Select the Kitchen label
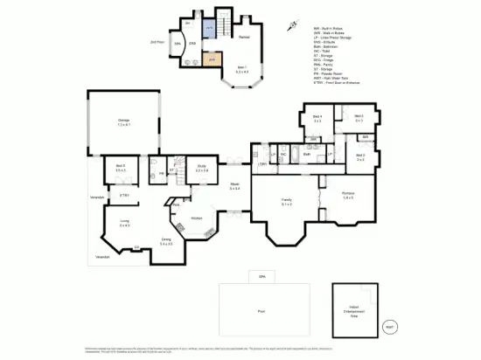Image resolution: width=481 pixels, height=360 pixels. click(197, 218)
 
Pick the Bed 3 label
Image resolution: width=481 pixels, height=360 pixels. click(359, 157)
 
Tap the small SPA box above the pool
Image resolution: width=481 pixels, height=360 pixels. click(261, 277)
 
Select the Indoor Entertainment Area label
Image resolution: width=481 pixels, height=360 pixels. click(356, 311)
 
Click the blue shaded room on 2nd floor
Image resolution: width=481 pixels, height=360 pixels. click(209, 29)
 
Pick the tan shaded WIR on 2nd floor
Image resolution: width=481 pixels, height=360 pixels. click(210, 60)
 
